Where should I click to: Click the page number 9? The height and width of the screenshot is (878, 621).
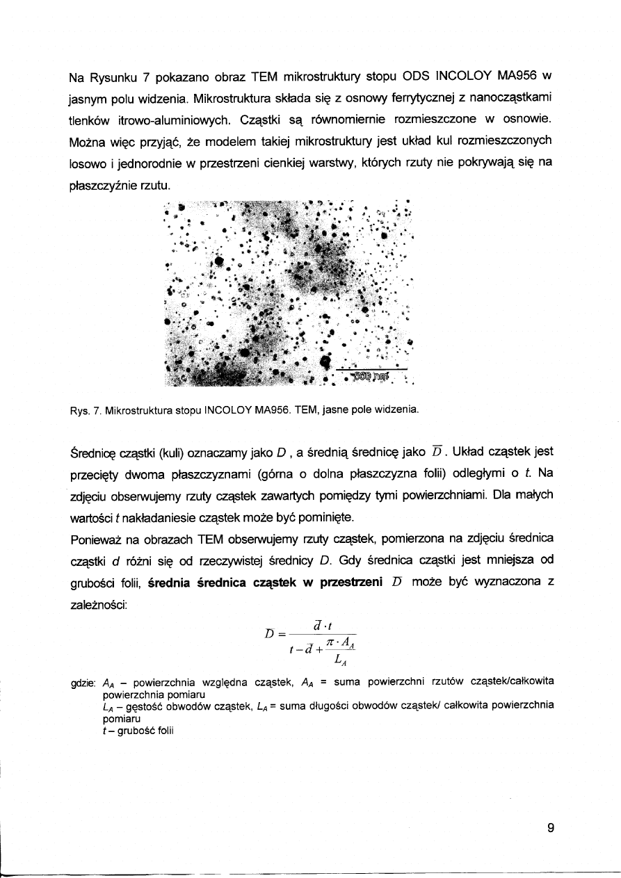click(x=551, y=827)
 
